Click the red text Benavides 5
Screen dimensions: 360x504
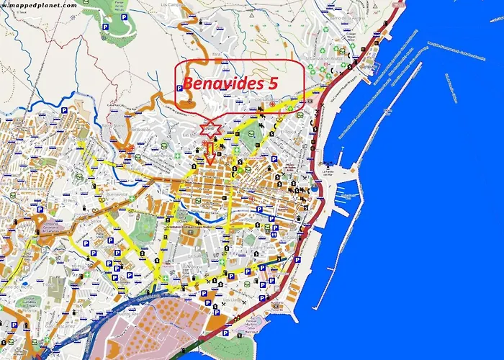230,83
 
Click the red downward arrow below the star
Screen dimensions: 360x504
210,153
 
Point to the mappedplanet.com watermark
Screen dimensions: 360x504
39,4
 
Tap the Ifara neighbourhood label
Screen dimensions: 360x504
215,55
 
